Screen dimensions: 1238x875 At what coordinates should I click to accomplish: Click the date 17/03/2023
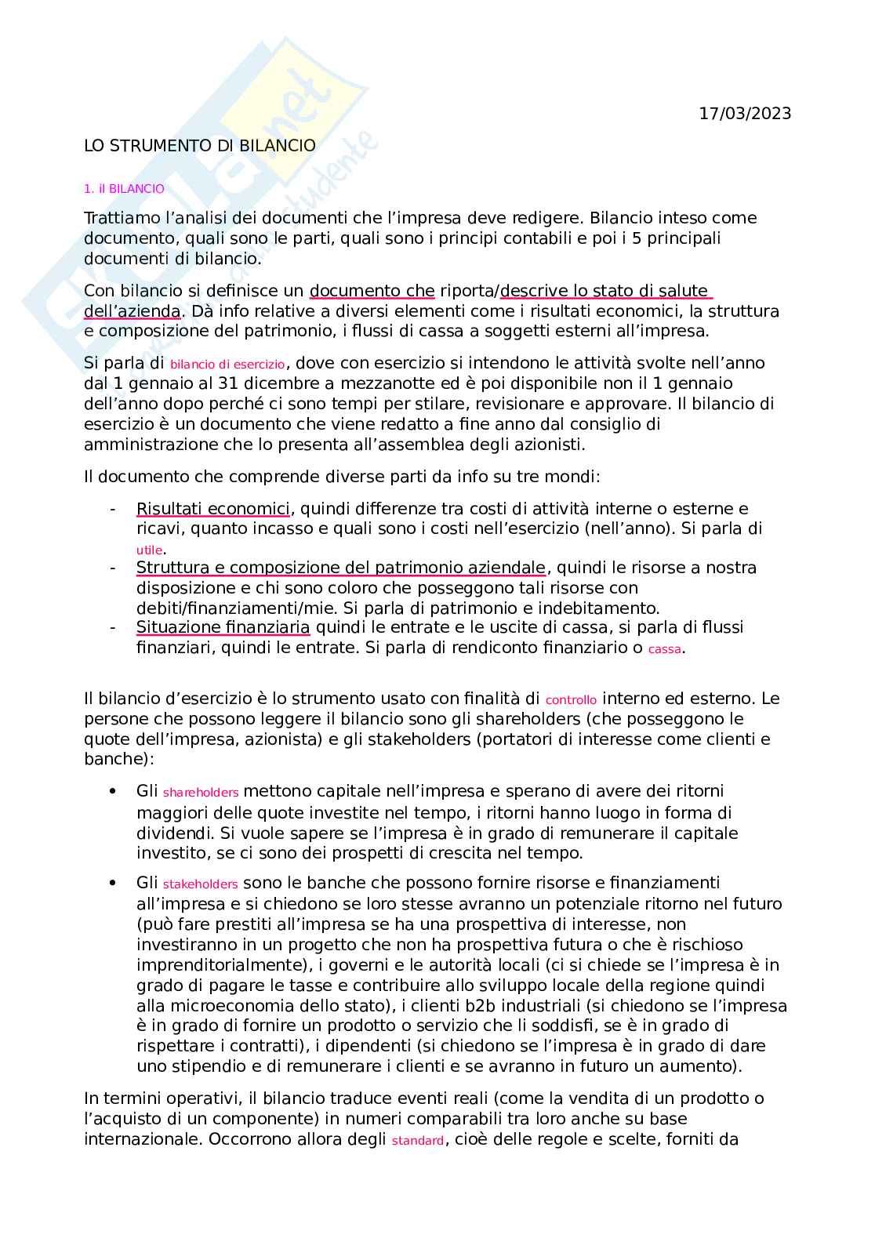coord(745,114)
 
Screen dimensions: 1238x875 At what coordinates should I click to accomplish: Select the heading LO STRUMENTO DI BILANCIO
coord(200,146)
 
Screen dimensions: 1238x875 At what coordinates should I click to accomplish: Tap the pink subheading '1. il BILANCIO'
coord(124,189)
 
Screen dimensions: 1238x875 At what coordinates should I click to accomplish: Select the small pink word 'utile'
coord(149,550)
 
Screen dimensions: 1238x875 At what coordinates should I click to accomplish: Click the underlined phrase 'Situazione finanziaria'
coord(223,627)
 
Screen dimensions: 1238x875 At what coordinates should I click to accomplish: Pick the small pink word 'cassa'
coord(665,649)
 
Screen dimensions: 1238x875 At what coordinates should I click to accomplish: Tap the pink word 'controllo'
coord(571,700)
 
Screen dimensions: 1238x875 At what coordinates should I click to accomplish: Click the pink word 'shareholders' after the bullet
coord(201,793)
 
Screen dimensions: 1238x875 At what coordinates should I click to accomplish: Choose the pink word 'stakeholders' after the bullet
coord(200,884)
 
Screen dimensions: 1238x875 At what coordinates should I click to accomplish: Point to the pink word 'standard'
coord(417,1141)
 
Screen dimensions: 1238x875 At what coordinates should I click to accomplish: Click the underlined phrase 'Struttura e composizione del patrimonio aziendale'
coord(341,568)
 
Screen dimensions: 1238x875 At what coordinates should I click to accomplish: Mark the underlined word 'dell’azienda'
coord(133,311)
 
